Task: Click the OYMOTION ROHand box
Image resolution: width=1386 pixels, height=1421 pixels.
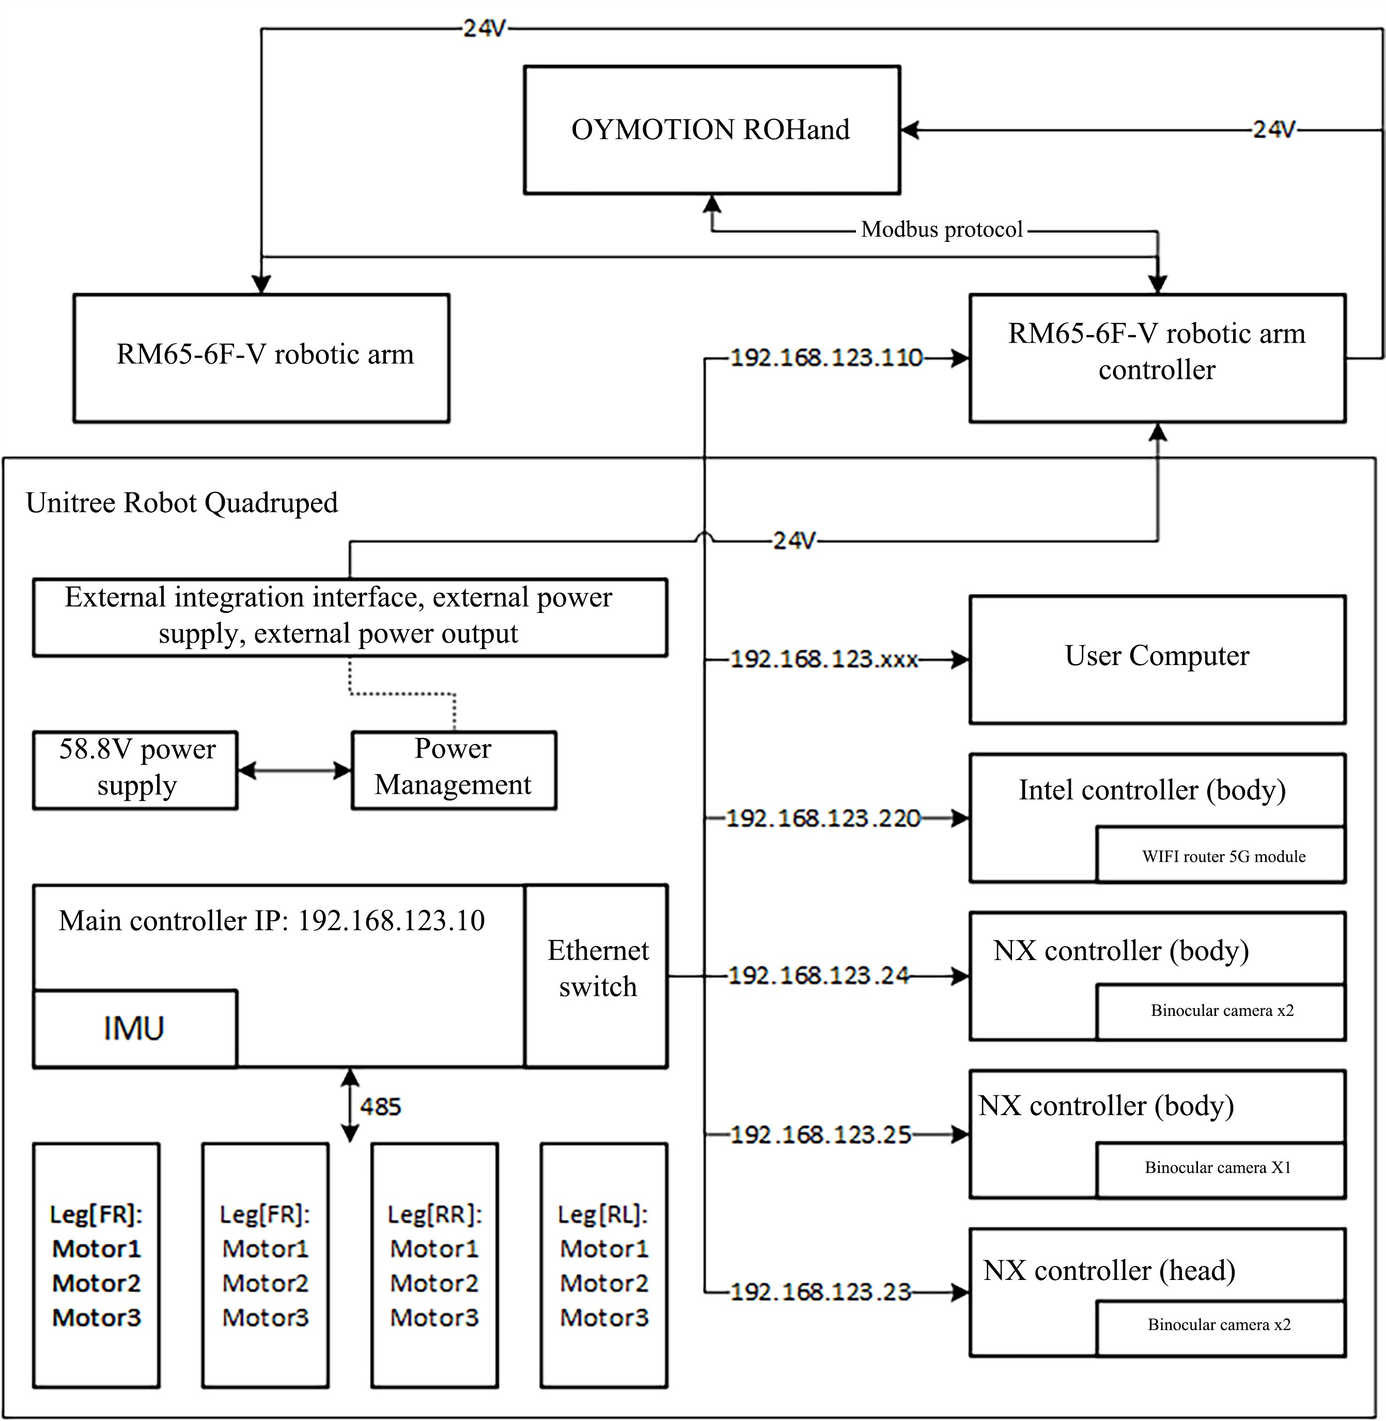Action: click(x=711, y=130)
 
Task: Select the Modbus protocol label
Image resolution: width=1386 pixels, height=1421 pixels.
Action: click(x=941, y=229)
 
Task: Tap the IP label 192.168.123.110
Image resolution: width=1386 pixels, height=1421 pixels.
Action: click(x=826, y=358)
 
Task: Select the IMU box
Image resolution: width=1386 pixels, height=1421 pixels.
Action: click(x=135, y=1028)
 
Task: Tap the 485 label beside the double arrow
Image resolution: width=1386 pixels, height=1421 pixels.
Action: click(x=380, y=1106)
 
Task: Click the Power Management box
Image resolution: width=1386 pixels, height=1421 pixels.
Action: click(x=454, y=769)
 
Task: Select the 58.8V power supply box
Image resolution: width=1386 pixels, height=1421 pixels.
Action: click(x=136, y=769)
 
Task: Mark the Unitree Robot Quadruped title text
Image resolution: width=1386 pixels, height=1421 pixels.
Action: click(x=182, y=503)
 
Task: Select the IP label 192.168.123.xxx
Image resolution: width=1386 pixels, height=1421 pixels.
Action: click(x=823, y=659)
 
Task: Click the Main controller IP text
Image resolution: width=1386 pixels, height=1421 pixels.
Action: click(x=272, y=921)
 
